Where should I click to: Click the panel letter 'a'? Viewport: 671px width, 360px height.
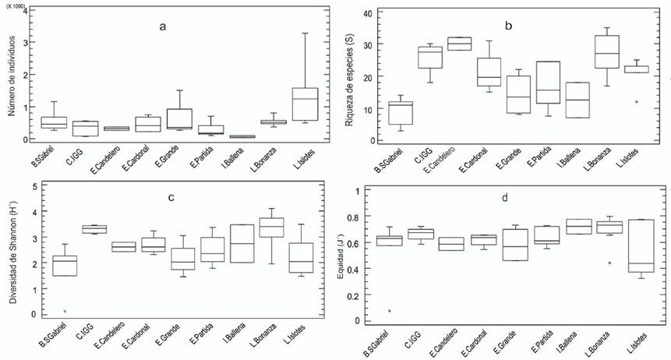[x=162, y=26]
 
